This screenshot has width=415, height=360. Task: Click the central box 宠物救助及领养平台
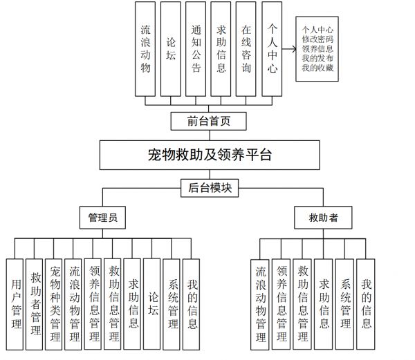[x=210, y=155]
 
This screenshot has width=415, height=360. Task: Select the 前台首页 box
[x=209, y=122]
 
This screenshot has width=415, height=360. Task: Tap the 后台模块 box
[x=210, y=188]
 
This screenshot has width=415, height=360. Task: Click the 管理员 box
[x=102, y=218]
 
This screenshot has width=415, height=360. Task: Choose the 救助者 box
[x=323, y=218]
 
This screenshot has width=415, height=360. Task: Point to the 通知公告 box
[x=196, y=49]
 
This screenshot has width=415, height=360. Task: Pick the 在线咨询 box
[x=246, y=49]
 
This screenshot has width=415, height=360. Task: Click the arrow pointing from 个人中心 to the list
[x=289, y=49]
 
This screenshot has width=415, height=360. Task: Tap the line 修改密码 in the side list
[x=317, y=39]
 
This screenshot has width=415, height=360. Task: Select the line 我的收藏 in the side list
[x=317, y=68]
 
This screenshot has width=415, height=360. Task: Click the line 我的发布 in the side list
[x=317, y=59]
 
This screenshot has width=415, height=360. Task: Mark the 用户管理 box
[x=15, y=304]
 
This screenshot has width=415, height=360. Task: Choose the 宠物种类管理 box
[x=54, y=304]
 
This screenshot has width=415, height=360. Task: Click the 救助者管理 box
[x=34, y=304]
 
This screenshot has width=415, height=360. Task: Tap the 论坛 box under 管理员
[x=151, y=304]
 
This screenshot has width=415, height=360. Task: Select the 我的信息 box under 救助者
[x=365, y=304]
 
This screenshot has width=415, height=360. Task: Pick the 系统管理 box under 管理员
[x=172, y=304]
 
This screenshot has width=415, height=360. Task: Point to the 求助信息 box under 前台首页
[x=221, y=49]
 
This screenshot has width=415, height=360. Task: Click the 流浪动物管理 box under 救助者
[x=260, y=304]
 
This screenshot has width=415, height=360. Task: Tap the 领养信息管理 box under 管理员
[x=93, y=304]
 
